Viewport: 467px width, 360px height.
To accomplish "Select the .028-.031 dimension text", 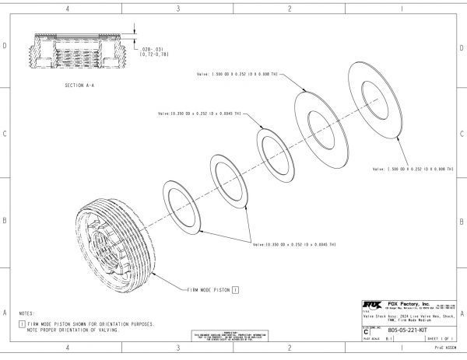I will tap(152, 50).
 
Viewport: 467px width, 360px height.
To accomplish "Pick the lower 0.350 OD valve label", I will tap(295, 245).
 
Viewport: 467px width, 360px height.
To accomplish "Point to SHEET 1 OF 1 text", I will tap(440, 339).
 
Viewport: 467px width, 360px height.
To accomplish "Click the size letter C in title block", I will tap(367, 330).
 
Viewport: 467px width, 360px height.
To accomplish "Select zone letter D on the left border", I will tap(5, 47).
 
